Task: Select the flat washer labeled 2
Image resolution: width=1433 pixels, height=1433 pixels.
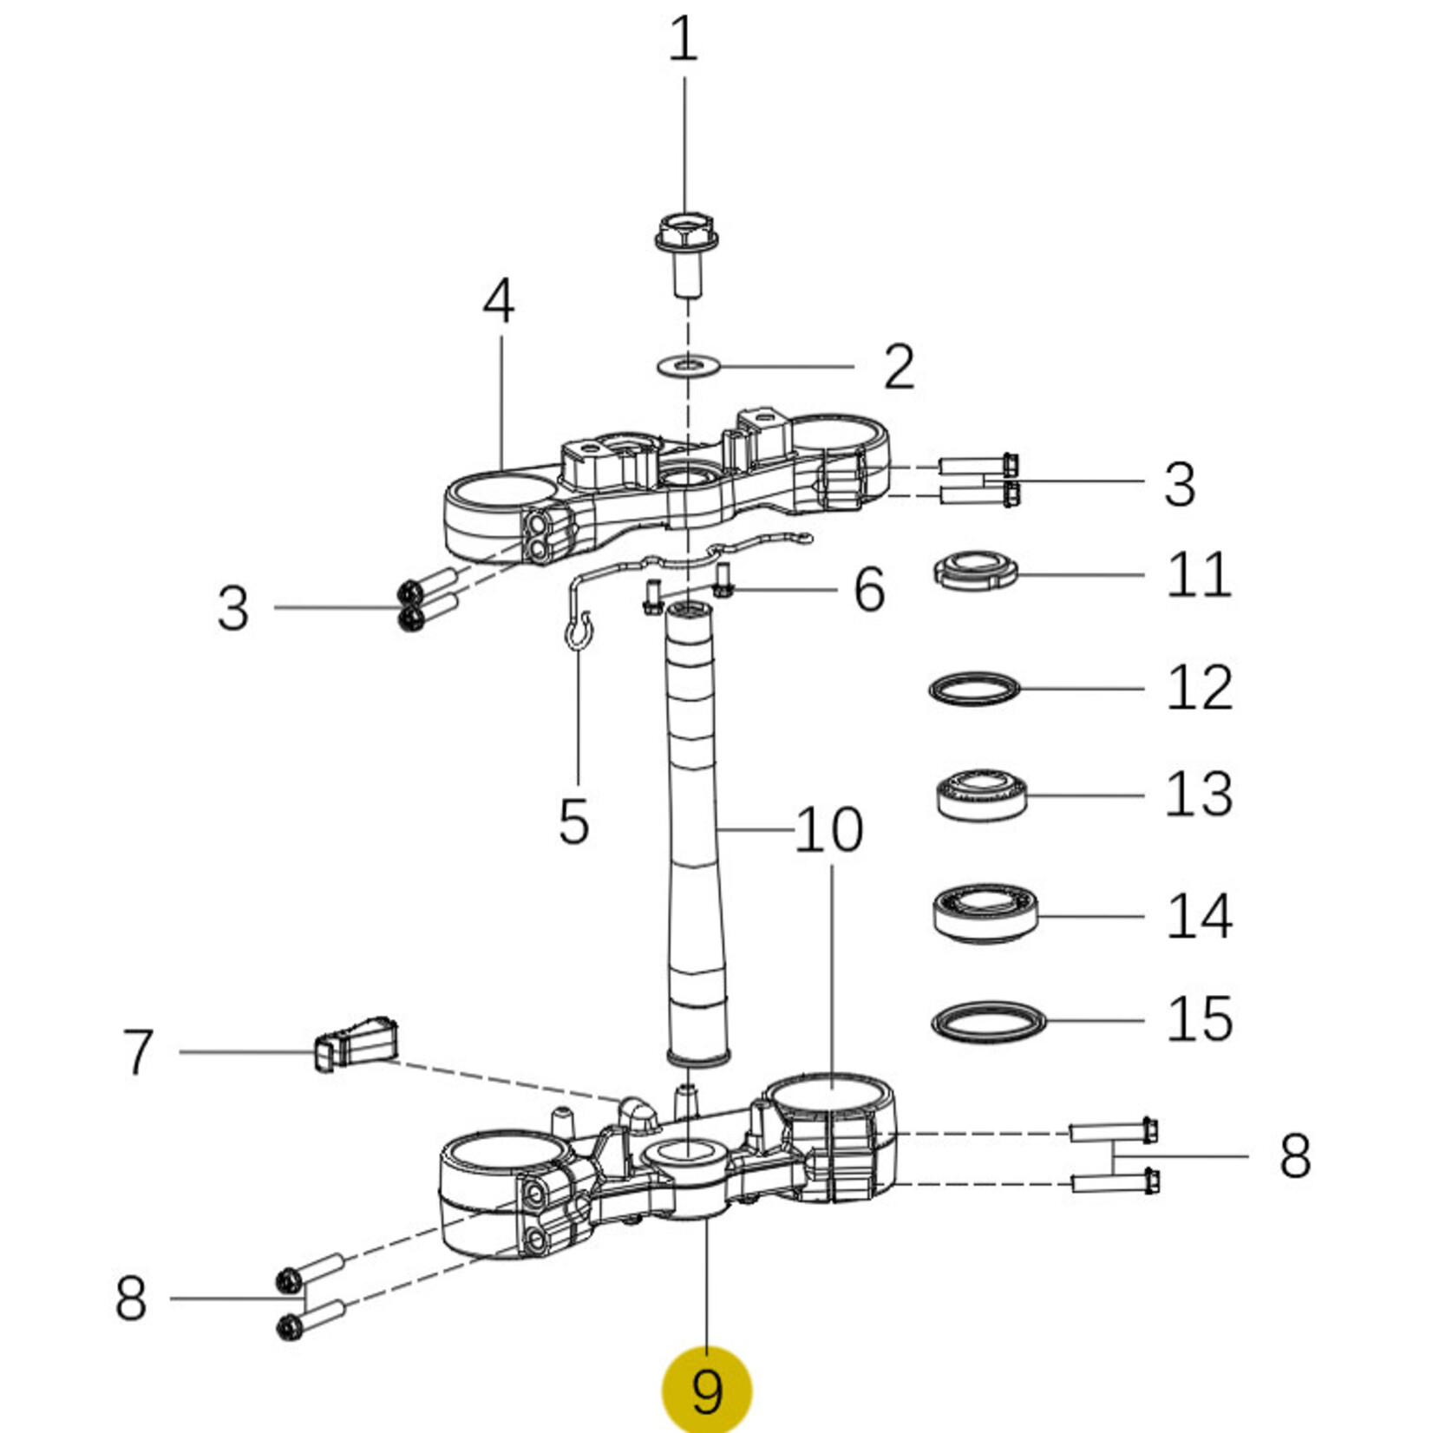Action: (x=689, y=365)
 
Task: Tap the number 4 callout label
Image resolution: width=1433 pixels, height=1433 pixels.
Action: (x=499, y=302)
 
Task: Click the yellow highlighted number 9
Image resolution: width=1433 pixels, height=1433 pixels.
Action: (x=707, y=1390)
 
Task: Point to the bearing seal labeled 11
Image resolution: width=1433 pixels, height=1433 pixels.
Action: (x=975, y=571)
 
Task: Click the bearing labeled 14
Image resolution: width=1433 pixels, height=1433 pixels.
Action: (x=986, y=914)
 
